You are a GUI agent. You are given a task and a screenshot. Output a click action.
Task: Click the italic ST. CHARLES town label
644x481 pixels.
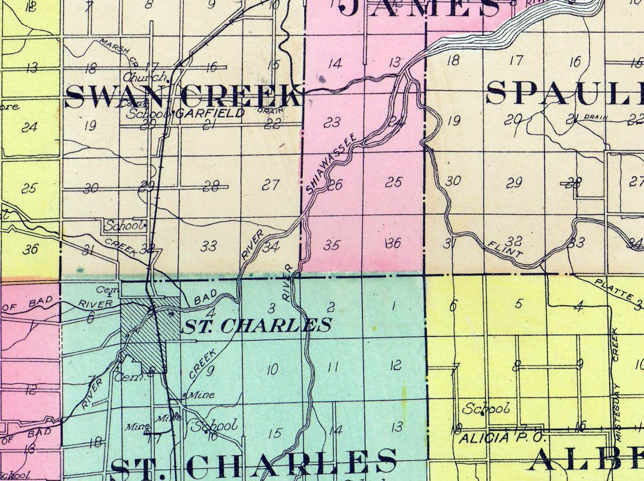pos(257,325)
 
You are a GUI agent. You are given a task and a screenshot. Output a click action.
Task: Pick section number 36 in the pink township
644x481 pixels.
pos(394,243)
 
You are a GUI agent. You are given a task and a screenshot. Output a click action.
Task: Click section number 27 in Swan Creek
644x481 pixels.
pos(271,185)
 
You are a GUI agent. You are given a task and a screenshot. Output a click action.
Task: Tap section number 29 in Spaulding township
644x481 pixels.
pos(514,183)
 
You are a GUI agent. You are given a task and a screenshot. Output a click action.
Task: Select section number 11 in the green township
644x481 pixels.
pos(333,366)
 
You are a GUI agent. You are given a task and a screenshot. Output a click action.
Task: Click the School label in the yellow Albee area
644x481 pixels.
pos(485,408)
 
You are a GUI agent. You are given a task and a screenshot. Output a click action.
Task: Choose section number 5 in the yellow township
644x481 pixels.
pos(518,304)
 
